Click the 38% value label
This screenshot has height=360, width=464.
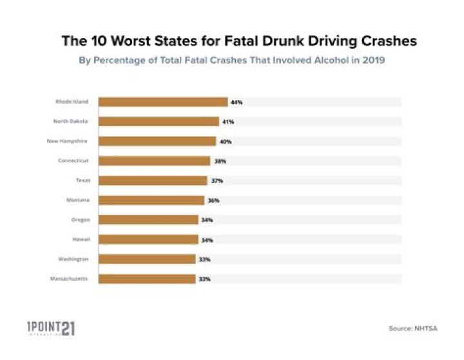219,161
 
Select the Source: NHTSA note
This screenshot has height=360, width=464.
412,328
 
